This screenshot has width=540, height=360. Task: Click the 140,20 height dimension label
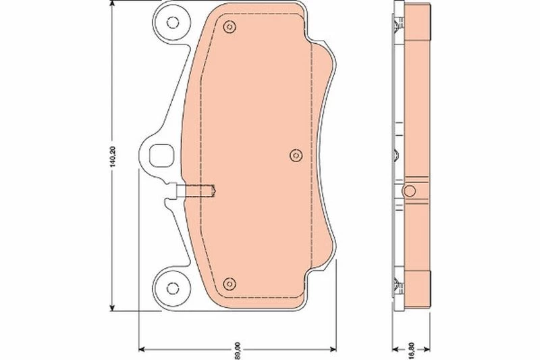(x=113, y=157)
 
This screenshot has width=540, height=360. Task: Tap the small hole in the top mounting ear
(x=173, y=22)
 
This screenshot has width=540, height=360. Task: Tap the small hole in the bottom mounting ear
(x=172, y=288)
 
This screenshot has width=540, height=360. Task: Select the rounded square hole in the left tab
(x=161, y=155)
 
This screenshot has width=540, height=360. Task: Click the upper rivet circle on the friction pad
(x=230, y=27)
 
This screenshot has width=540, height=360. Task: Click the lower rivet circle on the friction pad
(x=230, y=284)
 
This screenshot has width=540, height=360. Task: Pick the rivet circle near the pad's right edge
(x=296, y=156)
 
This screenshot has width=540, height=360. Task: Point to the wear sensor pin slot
(x=196, y=190)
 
